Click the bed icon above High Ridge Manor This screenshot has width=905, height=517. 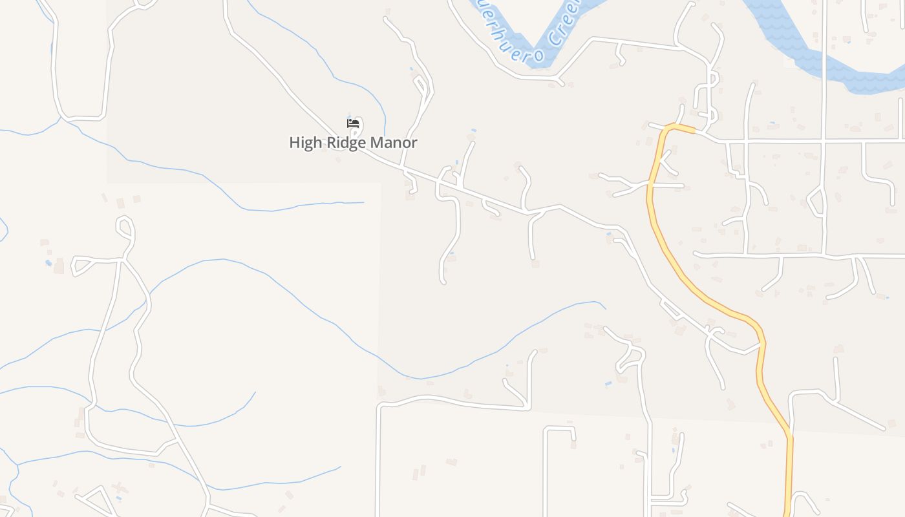[353, 123]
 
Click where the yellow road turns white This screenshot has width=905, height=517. [695, 131]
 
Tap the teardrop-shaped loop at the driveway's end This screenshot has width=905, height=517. [125, 227]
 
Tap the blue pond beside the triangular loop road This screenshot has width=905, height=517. [48, 263]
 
